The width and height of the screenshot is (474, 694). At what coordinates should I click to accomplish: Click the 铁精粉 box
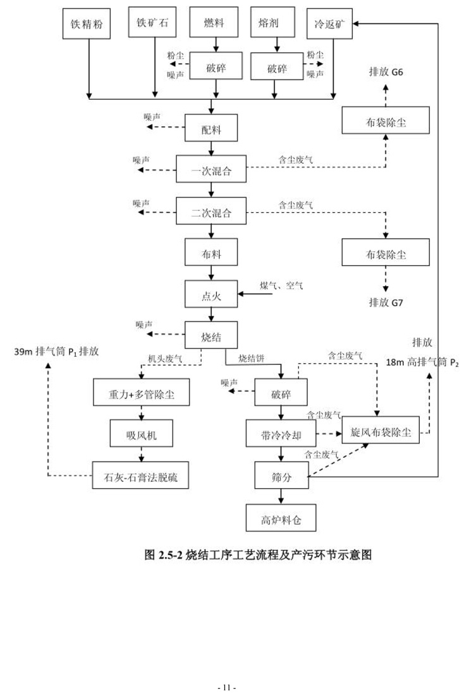coord(88,26)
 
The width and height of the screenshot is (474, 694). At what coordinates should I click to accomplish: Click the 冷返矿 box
coord(329,26)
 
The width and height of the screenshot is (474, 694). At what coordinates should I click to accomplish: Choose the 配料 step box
coord(211,128)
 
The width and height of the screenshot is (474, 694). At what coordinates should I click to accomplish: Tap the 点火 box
coord(211,294)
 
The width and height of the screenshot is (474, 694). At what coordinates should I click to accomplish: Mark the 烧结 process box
coord(211,334)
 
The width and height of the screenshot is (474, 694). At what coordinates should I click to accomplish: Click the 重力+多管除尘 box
coord(142,393)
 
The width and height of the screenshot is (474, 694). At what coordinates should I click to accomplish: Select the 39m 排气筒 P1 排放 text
coord(56,352)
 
